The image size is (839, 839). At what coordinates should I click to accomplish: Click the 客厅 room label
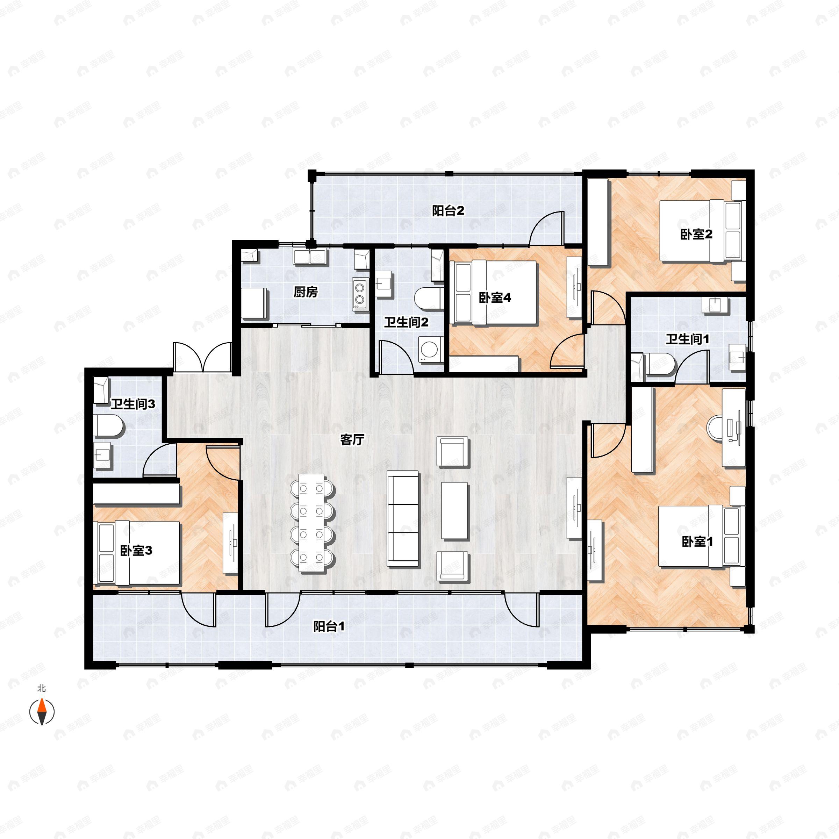(x=352, y=440)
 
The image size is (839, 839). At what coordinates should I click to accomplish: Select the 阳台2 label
(x=448, y=211)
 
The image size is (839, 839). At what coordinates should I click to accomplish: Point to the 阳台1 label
(x=329, y=627)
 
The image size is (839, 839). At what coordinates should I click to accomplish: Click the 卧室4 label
(x=495, y=298)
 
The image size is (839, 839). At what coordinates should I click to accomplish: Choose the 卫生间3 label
(x=132, y=404)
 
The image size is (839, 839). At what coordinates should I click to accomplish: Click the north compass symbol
(x=42, y=711)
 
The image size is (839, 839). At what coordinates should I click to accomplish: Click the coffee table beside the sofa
(x=455, y=510)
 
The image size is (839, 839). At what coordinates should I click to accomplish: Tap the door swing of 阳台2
(x=547, y=228)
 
